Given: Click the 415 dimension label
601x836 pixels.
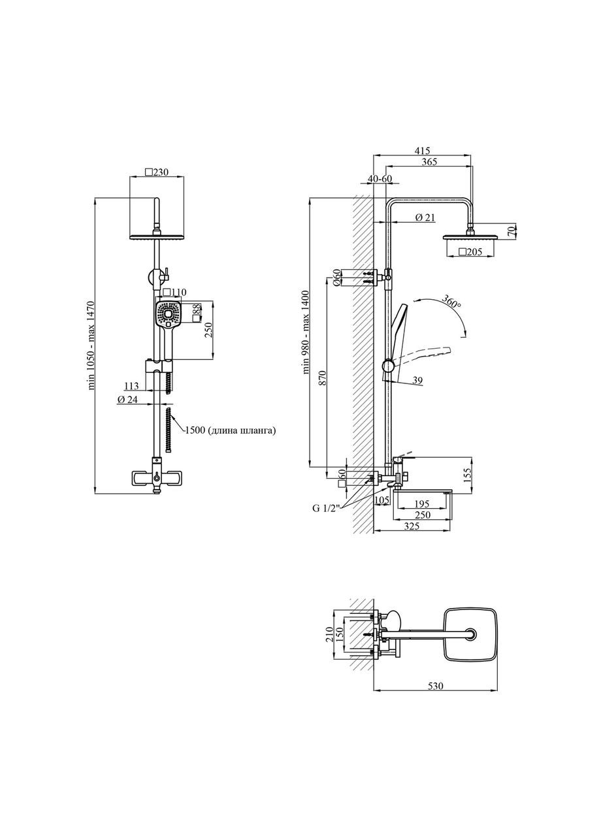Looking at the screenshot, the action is coord(422,151).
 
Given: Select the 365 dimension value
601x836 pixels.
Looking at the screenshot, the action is coord(429,161).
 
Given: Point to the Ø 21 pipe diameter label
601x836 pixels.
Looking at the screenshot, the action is coord(425,217).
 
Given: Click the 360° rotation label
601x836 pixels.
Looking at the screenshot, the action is coord(451,301).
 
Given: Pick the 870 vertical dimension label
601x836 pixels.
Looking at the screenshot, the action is coord(323,378).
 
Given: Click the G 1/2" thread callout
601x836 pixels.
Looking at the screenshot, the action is coord(325,509).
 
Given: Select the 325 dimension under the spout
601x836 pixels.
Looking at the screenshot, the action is coord(412,526).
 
